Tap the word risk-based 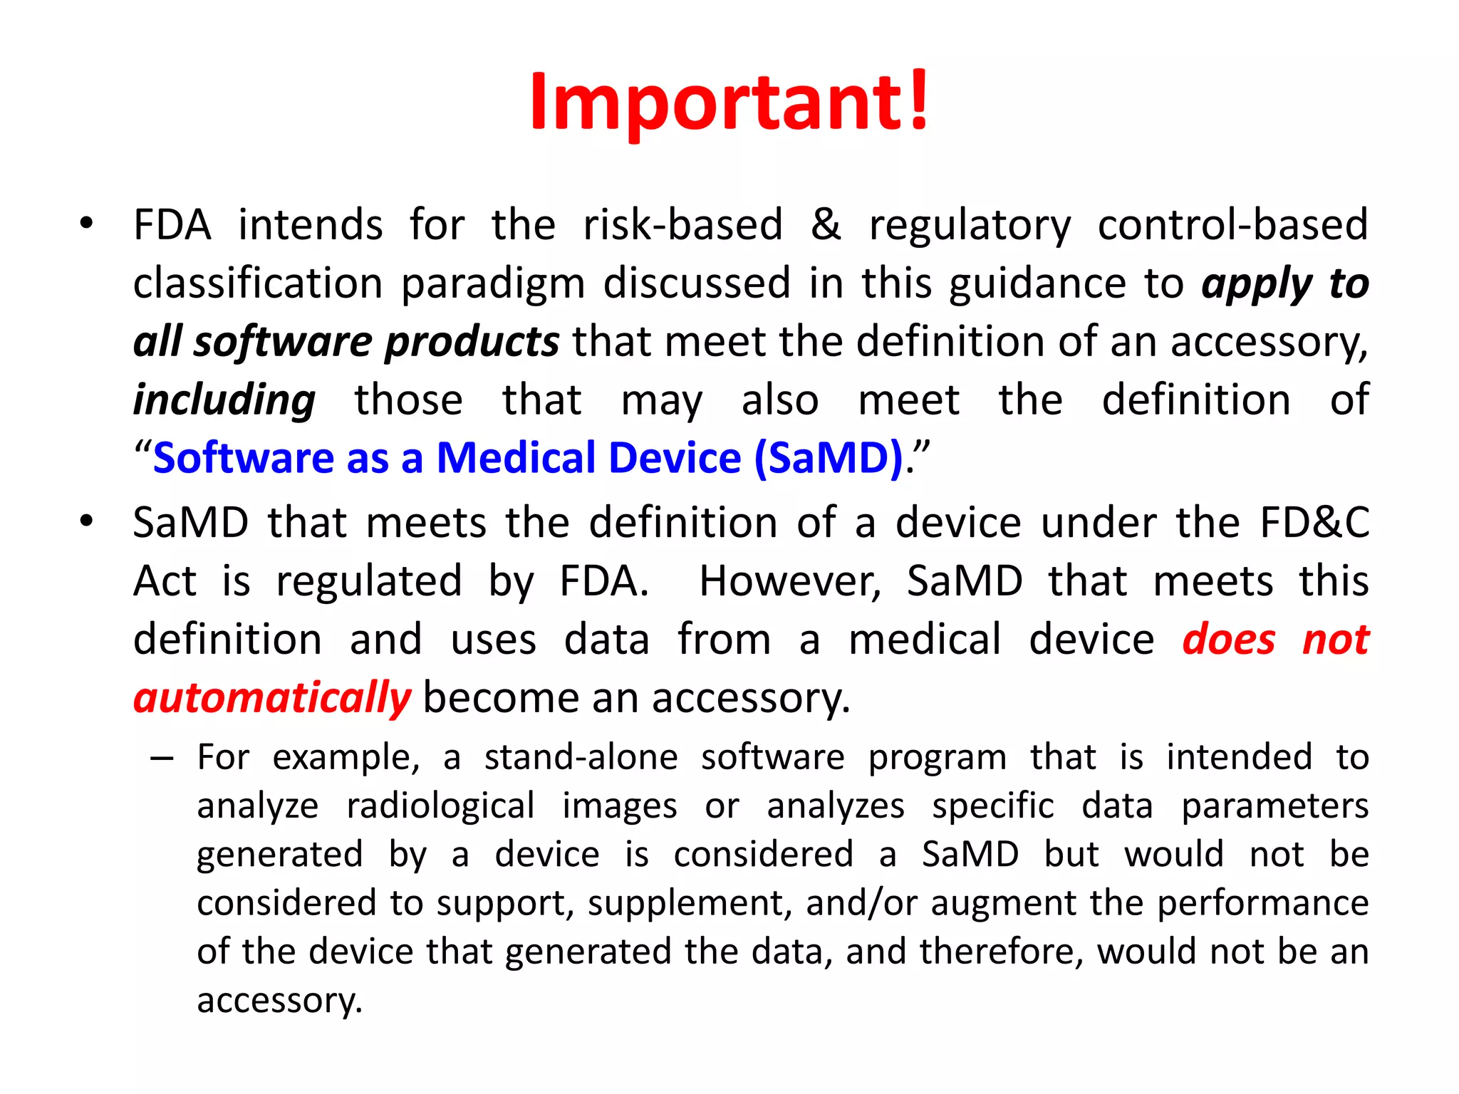pyautogui.click(x=682, y=225)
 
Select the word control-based pyautogui.click(x=1232, y=225)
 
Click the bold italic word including pyautogui.click(x=224, y=400)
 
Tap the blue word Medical pyautogui.click(x=588, y=458)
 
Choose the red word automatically pyautogui.click(x=272, y=698)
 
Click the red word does pyautogui.click(x=1229, y=640)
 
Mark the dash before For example pyautogui.click(x=162, y=759)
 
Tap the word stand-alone pyautogui.click(x=581, y=757)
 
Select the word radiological pyautogui.click(x=440, y=807)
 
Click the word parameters pyautogui.click(x=1275, y=807)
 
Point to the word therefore pyautogui.click(x=1001, y=952)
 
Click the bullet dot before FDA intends pyautogui.click(x=86, y=224)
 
